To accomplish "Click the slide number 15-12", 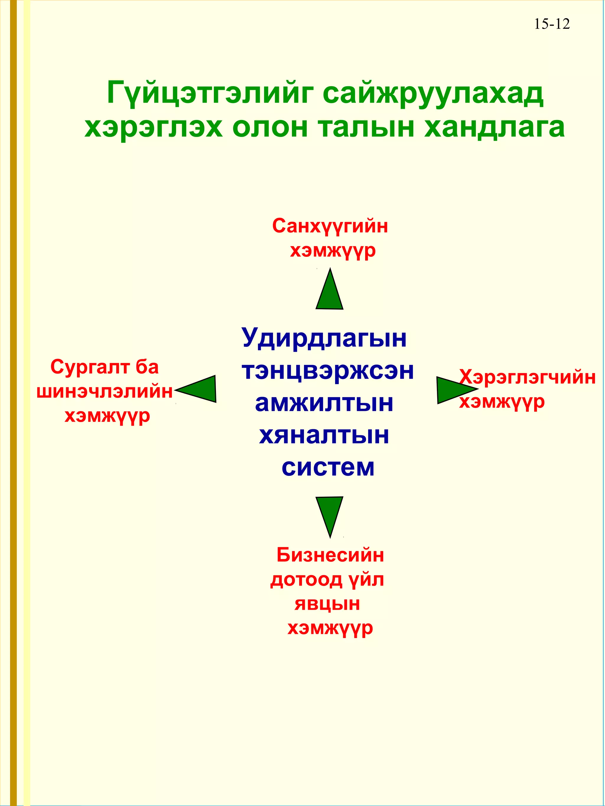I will (x=552, y=24).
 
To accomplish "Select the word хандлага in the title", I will (x=495, y=127).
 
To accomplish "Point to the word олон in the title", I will (x=270, y=127).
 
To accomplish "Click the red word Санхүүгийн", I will (x=330, y=226).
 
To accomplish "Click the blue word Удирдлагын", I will (x=324, y=338).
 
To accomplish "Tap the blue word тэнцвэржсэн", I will (x=328, y=371).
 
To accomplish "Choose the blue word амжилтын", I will (x=324, y=403).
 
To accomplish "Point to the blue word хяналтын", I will (x=324, y=435).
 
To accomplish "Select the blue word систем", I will (x=328, y=467).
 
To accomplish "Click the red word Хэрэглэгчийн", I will (x=527, y=377).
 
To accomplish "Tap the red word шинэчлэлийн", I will (x=105, y=392).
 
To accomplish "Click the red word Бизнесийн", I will (x=330, y=555).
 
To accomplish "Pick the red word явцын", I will (x=327, y=604).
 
